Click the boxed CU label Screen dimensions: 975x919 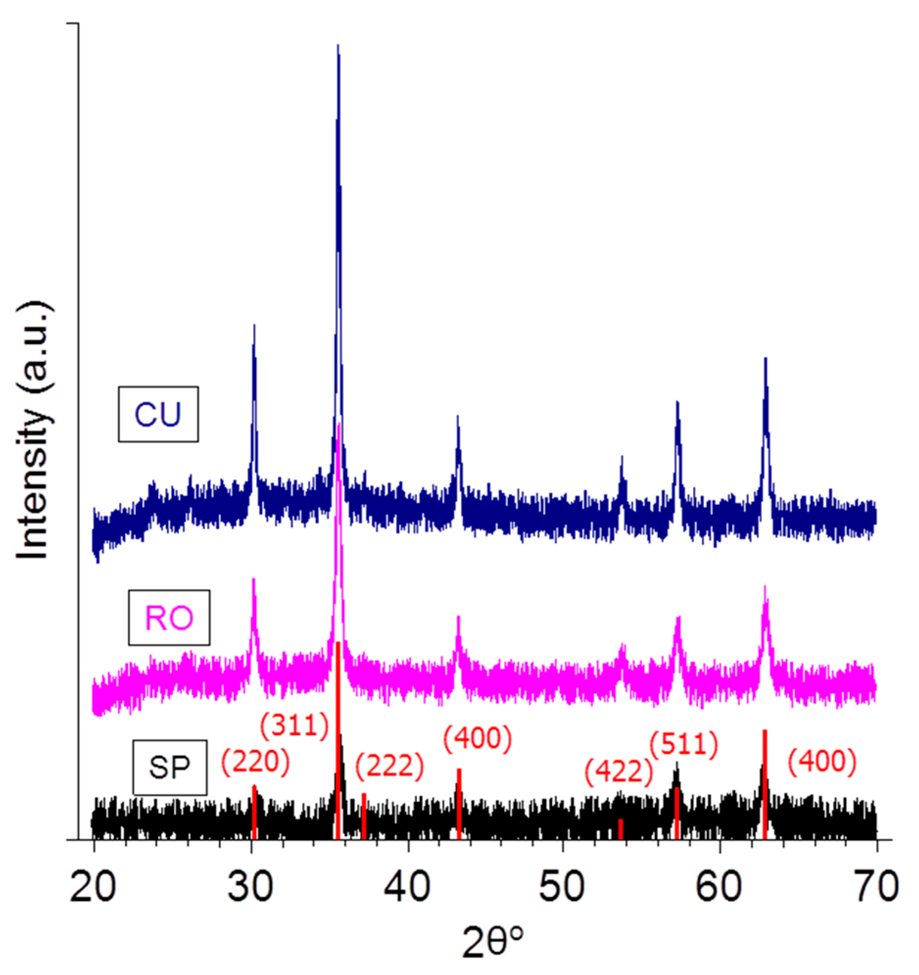(158, 414)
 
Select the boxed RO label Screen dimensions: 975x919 (169, 617)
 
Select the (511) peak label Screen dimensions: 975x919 (683, 745)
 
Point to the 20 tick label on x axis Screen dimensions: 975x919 (93, 887)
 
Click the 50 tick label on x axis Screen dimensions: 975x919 (563, 887)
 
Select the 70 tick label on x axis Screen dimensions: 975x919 (876, 887)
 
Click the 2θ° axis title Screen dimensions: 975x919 (493, 944)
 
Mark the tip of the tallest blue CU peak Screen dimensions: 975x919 (338, 46)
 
